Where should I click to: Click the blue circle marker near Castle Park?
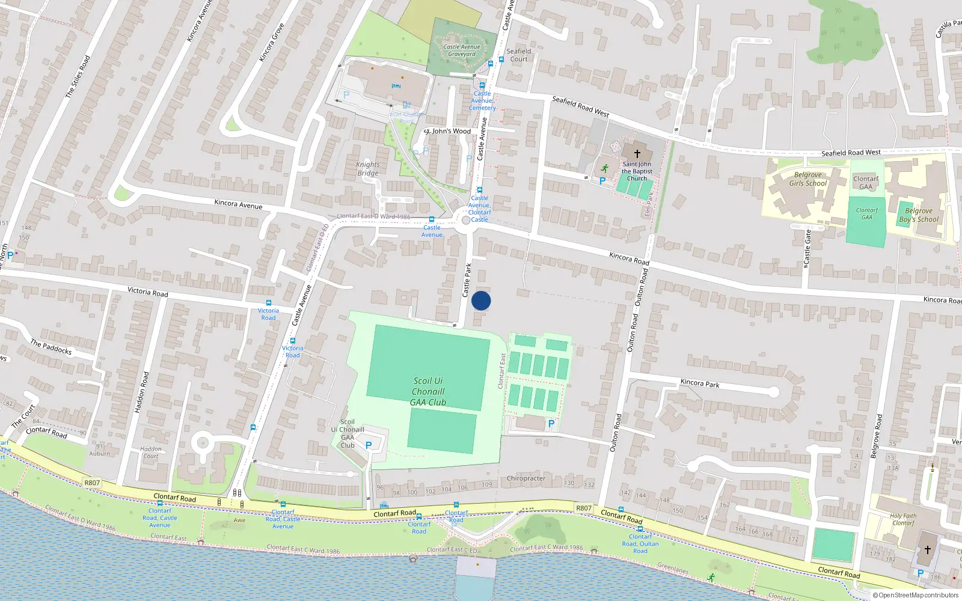pos(481,300)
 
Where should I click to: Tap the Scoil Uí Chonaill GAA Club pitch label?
pos(428,392)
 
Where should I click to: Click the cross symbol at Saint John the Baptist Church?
pos(637,154)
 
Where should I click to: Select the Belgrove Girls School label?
pos(807,179)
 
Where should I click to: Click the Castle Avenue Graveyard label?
pos(462,50)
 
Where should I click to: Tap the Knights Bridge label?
pos(368,169)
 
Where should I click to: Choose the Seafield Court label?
pos(518,55)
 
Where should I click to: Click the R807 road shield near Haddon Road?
pos(92,483)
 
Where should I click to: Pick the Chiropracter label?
pos(526,478)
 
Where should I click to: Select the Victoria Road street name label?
pos(147,292)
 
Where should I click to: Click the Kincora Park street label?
pos(700,383)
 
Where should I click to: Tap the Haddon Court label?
pos(151,453)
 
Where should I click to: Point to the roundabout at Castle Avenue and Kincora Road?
pos(466,221)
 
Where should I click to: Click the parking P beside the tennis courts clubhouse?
pos(551,424)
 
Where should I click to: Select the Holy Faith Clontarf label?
pos(903,519)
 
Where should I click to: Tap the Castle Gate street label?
pos(807,249)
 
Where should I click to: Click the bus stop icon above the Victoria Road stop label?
pos(268,303)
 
